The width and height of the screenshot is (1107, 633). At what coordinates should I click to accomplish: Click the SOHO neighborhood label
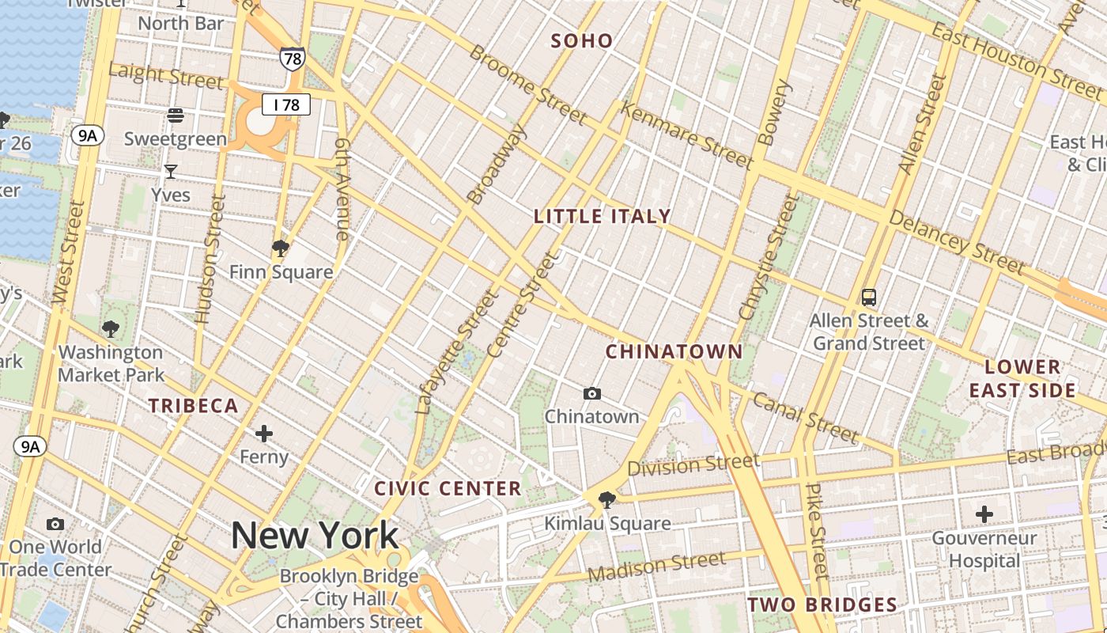581,41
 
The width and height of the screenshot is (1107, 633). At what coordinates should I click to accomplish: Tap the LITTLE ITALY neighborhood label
603,216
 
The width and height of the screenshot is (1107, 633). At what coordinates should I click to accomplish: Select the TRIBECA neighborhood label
194,406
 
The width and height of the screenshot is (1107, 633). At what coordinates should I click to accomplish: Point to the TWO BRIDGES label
822,605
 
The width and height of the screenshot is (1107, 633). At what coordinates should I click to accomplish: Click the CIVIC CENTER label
448,488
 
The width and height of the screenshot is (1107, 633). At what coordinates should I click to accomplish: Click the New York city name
315,536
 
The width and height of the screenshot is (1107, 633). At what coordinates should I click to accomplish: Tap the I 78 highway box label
286,104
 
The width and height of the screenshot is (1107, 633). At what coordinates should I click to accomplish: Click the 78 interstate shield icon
292,58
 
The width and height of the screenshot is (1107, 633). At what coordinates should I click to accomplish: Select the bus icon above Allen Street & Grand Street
869,298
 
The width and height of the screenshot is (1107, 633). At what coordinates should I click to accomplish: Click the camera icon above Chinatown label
591,393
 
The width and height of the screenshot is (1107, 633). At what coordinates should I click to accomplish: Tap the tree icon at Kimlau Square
607,499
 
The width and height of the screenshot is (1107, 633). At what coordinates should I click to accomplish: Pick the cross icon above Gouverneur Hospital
984,514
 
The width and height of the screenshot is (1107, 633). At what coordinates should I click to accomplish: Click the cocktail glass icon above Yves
171,171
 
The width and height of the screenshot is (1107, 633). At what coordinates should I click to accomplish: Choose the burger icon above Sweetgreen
176,116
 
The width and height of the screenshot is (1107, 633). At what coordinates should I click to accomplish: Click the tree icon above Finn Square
280,248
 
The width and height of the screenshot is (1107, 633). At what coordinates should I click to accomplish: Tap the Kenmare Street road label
686,135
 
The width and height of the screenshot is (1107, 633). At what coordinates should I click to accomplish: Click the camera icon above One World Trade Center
55,524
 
